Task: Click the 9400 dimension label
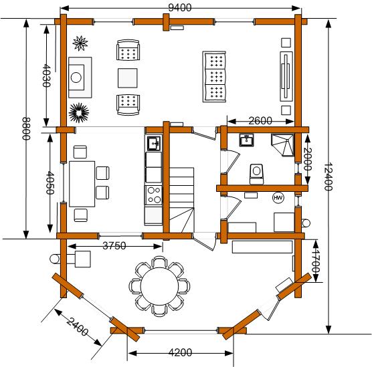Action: click(179, 7)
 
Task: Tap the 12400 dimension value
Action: click(328, 176)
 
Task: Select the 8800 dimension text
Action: click(26, 129)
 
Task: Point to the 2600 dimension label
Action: click(260, 121)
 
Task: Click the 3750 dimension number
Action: click(114, 246)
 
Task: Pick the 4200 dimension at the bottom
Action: click(180, 352)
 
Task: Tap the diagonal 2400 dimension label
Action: click(78, 326)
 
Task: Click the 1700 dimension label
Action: click(316, 261)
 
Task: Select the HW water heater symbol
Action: click(278, 198)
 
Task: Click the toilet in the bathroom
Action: click(256, 174)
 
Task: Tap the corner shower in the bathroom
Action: click(282, 145)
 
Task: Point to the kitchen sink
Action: click(154, 144)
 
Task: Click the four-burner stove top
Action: click(154, 196)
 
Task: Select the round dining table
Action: click(159, 285)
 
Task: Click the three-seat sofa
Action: click(215, 77)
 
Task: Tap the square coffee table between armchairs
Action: click(128, 78)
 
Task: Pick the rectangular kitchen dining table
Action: click(82, 184)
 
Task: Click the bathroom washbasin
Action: click(246, 140)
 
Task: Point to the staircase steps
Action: click(182, 200)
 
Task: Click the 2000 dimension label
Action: click(308, 159)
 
